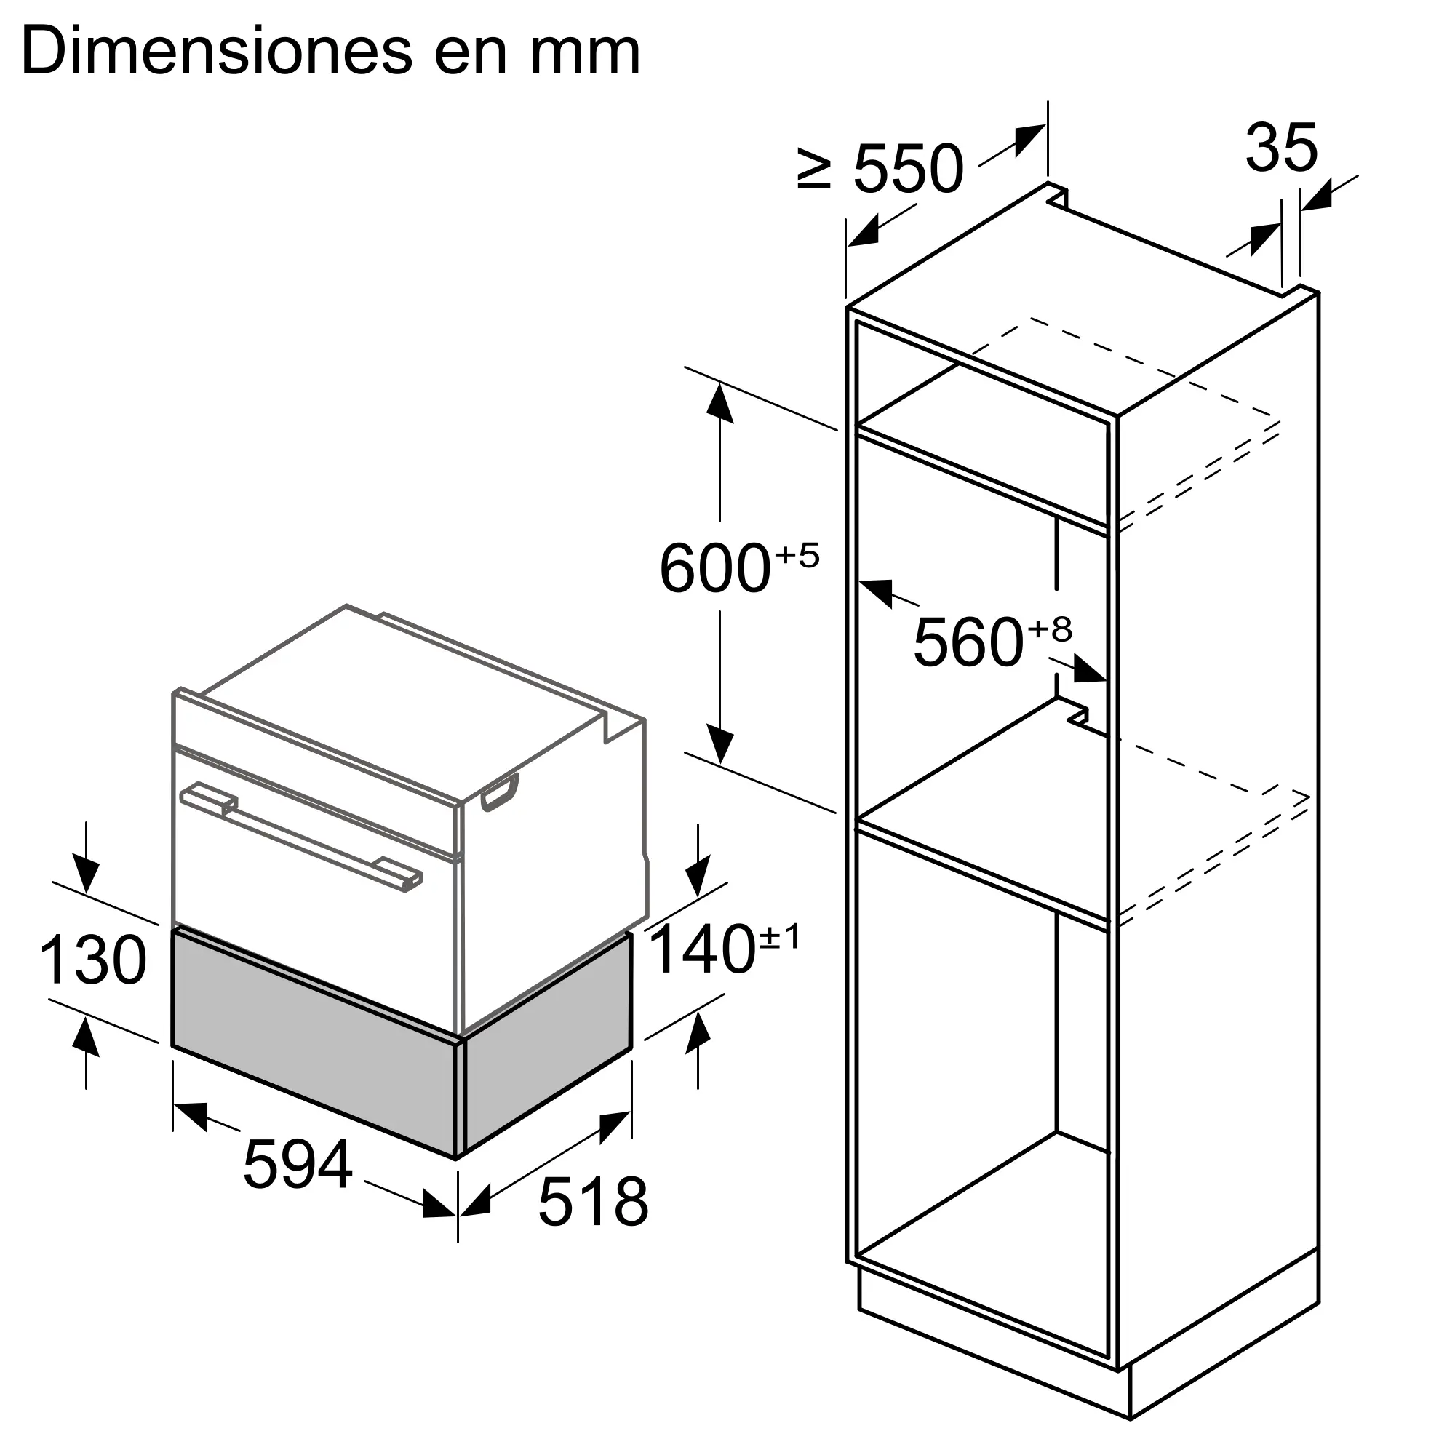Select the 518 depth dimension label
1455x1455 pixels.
594,1202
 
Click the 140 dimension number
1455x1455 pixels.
702,950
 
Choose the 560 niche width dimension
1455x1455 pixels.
968,642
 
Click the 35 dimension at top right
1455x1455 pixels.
1282,148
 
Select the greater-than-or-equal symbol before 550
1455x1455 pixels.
814,170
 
